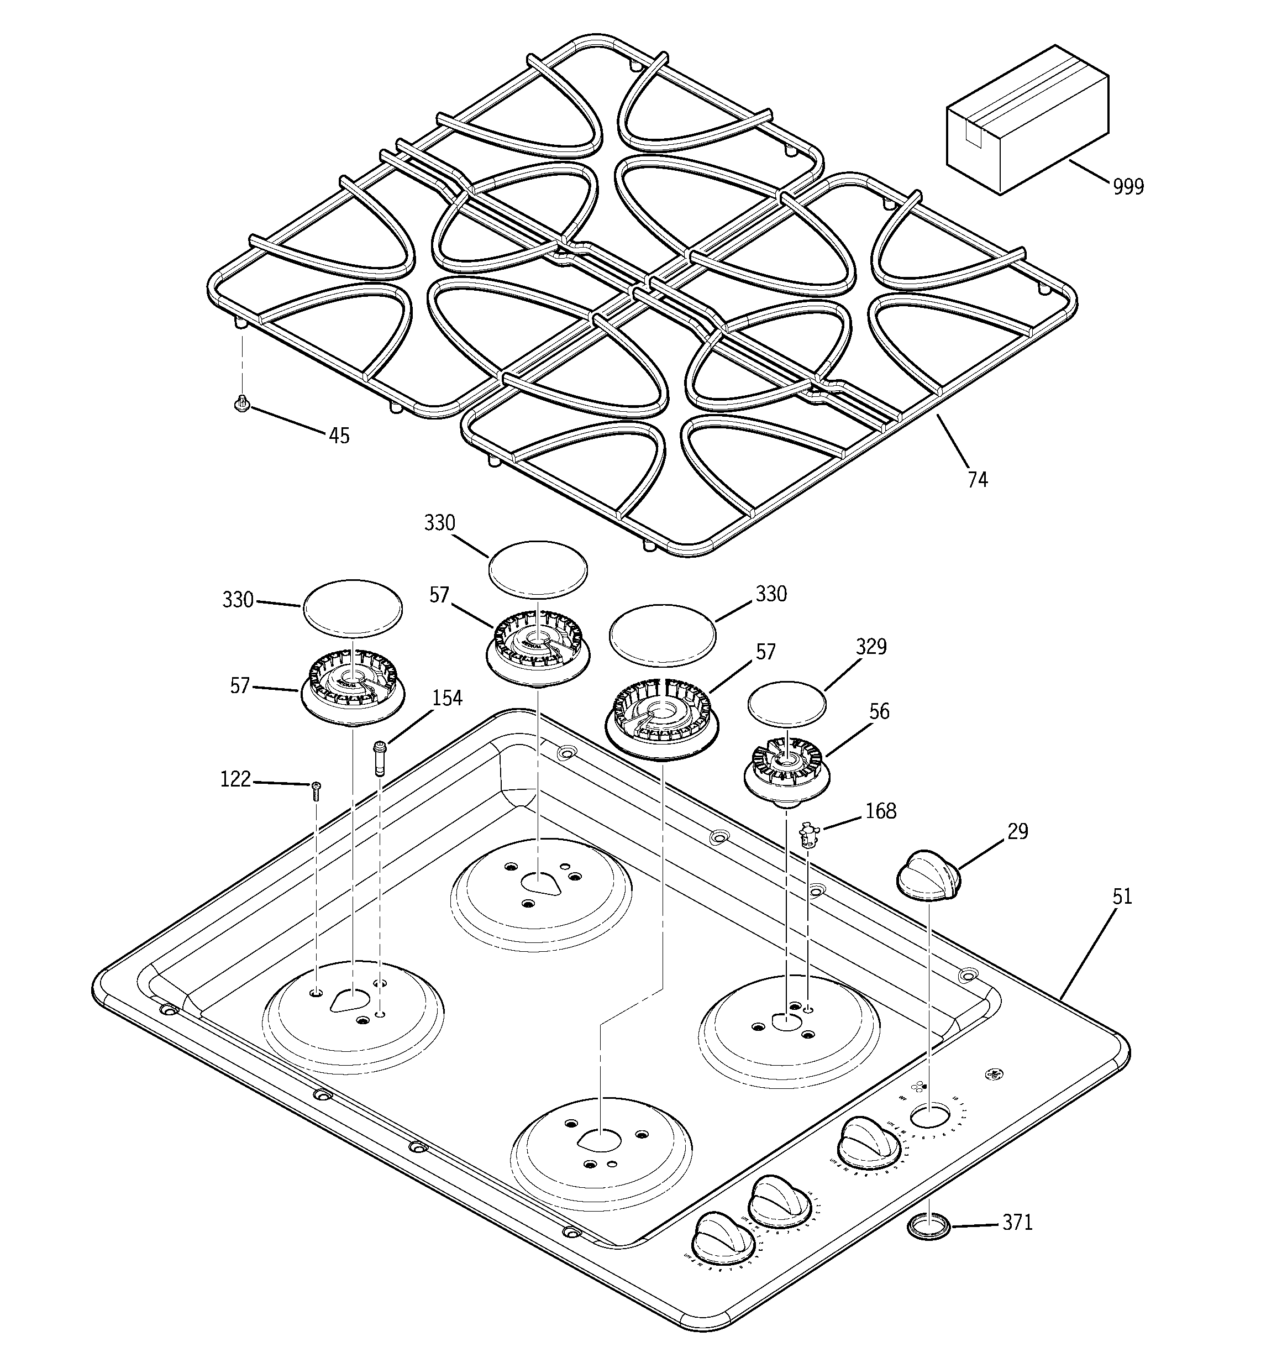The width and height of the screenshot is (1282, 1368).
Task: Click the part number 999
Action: (x=1128, y=186)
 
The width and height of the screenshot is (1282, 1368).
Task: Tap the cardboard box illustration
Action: (x=1026, y=120)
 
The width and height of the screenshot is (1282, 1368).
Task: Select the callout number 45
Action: (x=339, y=436)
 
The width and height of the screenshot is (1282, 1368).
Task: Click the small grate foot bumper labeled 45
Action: (x=241, y=403)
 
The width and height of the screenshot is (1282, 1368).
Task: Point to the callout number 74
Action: (x=977, y=480)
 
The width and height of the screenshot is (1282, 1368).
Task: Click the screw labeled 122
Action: (x=316, y=792)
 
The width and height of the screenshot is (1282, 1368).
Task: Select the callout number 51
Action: (x=1122, y=897)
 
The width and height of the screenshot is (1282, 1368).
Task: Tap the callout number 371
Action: (x=1017, y=1223)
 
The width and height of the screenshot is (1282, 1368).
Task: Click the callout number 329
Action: (x=871, y=647)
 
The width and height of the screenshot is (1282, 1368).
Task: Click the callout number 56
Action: (x=879, y=711)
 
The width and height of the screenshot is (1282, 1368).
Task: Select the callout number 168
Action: (x=881, y=811)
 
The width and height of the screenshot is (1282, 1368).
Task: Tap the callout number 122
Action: (x=235, y=780)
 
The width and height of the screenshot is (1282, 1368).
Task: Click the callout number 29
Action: (x=1018, y=831)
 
